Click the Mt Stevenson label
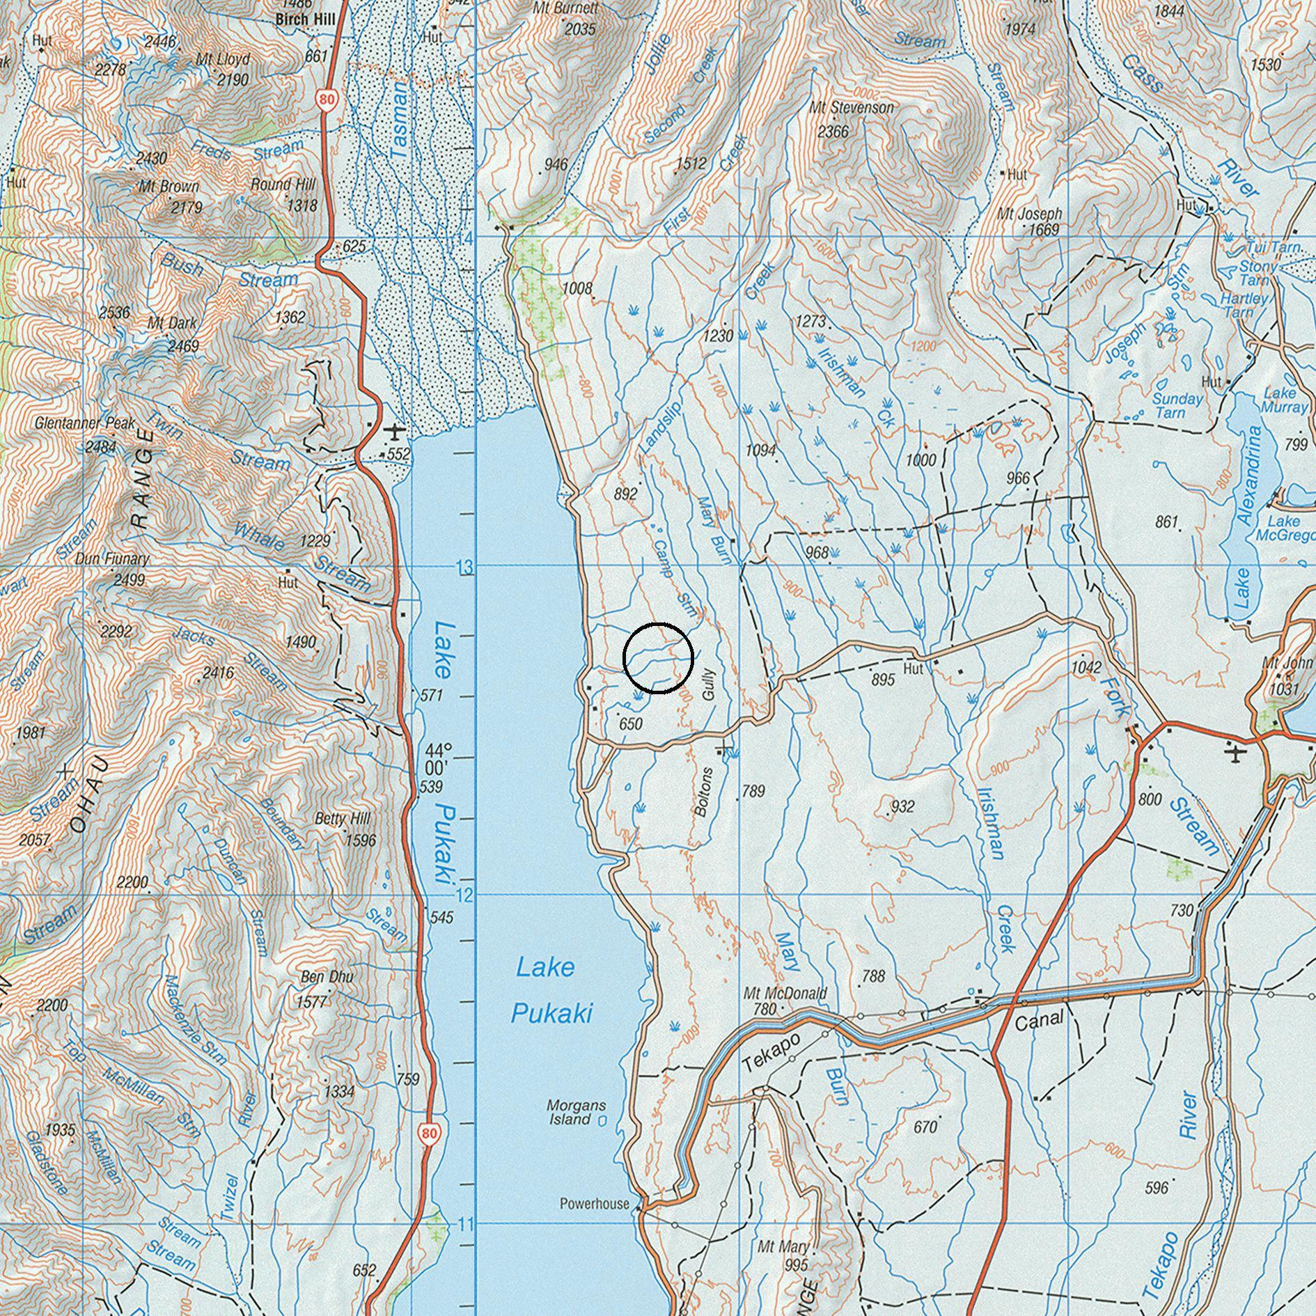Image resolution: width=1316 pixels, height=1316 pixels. [851, 108]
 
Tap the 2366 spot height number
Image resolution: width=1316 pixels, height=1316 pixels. [833, 131]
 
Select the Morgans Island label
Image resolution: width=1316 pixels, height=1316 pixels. [576, 1112]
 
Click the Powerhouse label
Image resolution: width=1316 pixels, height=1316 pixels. [595, 1204]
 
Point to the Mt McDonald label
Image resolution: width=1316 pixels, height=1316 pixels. [785, 993]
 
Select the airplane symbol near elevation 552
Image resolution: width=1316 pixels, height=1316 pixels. [395, 432]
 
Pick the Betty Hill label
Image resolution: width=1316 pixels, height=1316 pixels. [343, 818]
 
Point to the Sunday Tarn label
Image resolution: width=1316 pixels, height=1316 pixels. [1177, 405]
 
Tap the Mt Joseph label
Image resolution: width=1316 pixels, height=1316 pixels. [1029, 214]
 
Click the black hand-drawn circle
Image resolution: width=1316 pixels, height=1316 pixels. [658, 658]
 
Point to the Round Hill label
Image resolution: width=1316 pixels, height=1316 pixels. [283, 185]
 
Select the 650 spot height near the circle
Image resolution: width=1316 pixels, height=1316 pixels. [630, 724]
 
